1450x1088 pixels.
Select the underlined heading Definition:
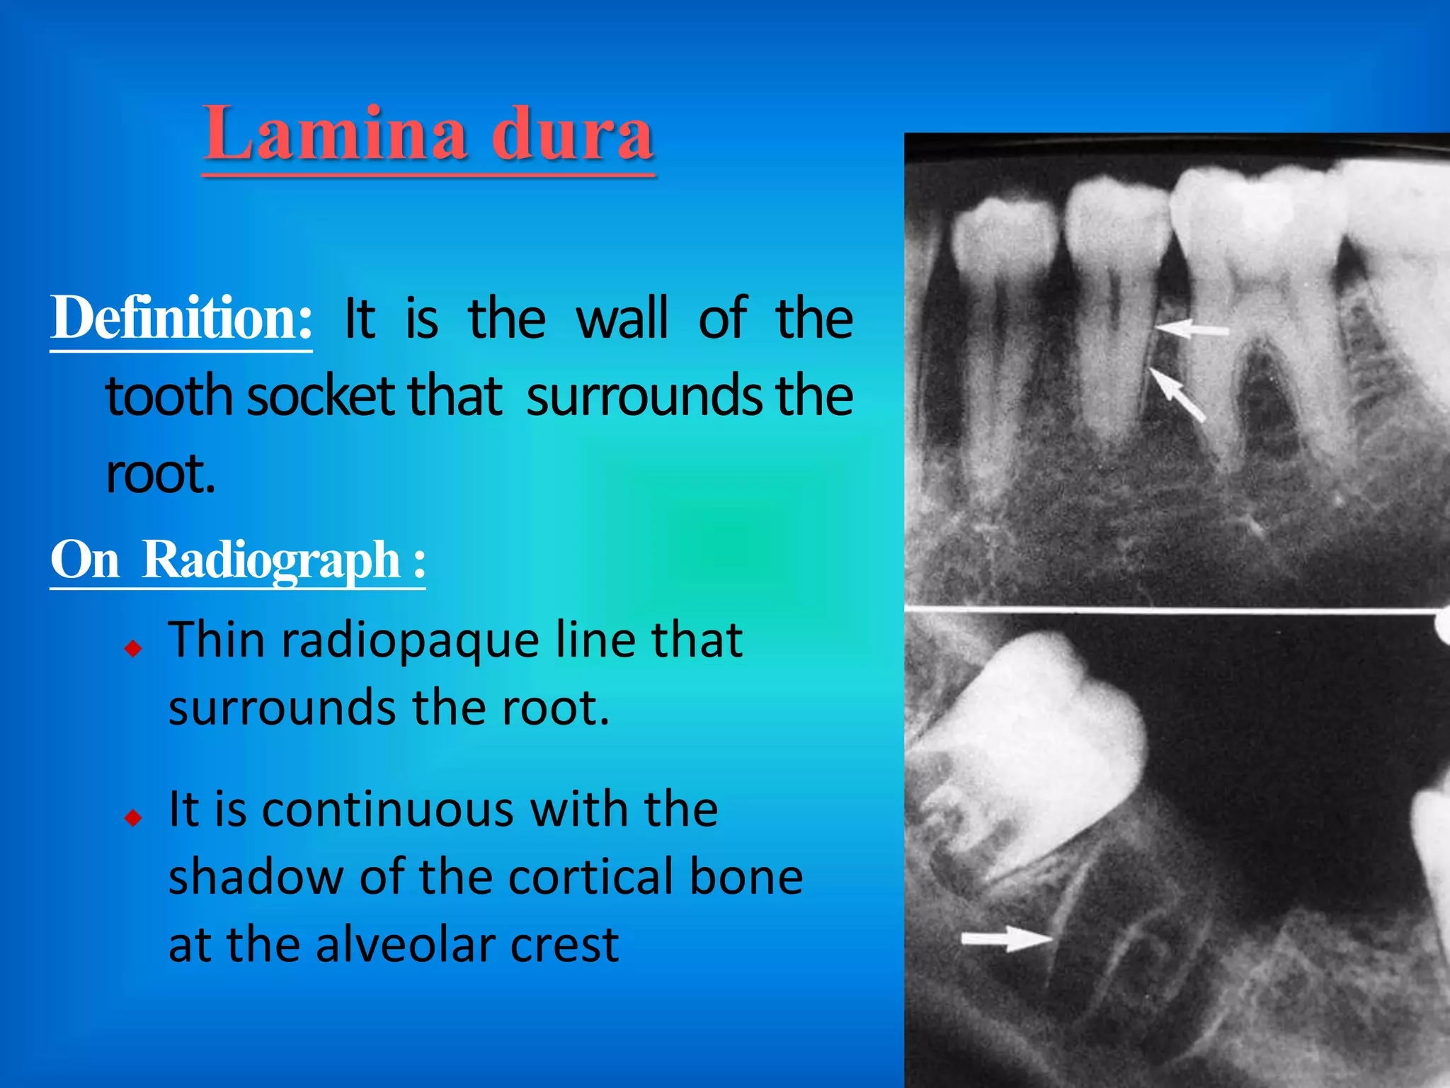point(181,319)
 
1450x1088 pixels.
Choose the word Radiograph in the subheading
point(272,560)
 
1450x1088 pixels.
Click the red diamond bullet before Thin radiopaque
point(133,647)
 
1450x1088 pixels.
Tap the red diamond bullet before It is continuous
point(133,818)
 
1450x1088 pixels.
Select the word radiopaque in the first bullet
point(411,640)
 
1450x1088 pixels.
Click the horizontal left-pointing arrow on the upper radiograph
point(1192,329)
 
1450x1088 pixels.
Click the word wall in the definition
point(622,319)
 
